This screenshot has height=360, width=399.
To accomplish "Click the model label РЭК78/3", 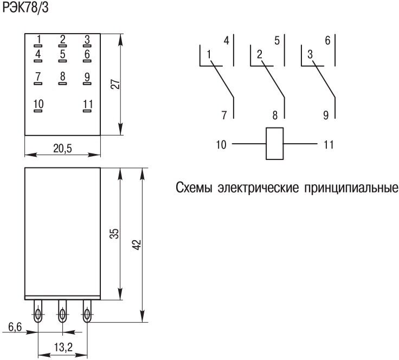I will (x=25, y=9).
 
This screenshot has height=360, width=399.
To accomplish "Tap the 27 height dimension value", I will (x=114, y=84).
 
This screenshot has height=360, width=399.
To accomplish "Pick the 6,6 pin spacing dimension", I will (x=15, y=327).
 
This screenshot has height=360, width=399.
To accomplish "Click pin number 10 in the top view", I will (x=38, y=104).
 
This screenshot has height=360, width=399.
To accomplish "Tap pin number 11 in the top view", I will (x=88, y=104).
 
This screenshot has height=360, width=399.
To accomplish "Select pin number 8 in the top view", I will (x=63, y=76).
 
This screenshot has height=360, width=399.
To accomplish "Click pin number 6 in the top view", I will (x=87, y=54).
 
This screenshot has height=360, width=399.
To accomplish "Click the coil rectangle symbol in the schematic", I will (x=275, y=144).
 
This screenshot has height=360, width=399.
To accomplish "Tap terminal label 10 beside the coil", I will (x=221, y=145).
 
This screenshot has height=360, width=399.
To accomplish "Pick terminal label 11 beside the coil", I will (x=329, y=145).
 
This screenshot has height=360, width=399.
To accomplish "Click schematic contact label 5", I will (x=277, y=41).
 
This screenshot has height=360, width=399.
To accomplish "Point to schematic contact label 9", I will (x=326, y=115).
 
